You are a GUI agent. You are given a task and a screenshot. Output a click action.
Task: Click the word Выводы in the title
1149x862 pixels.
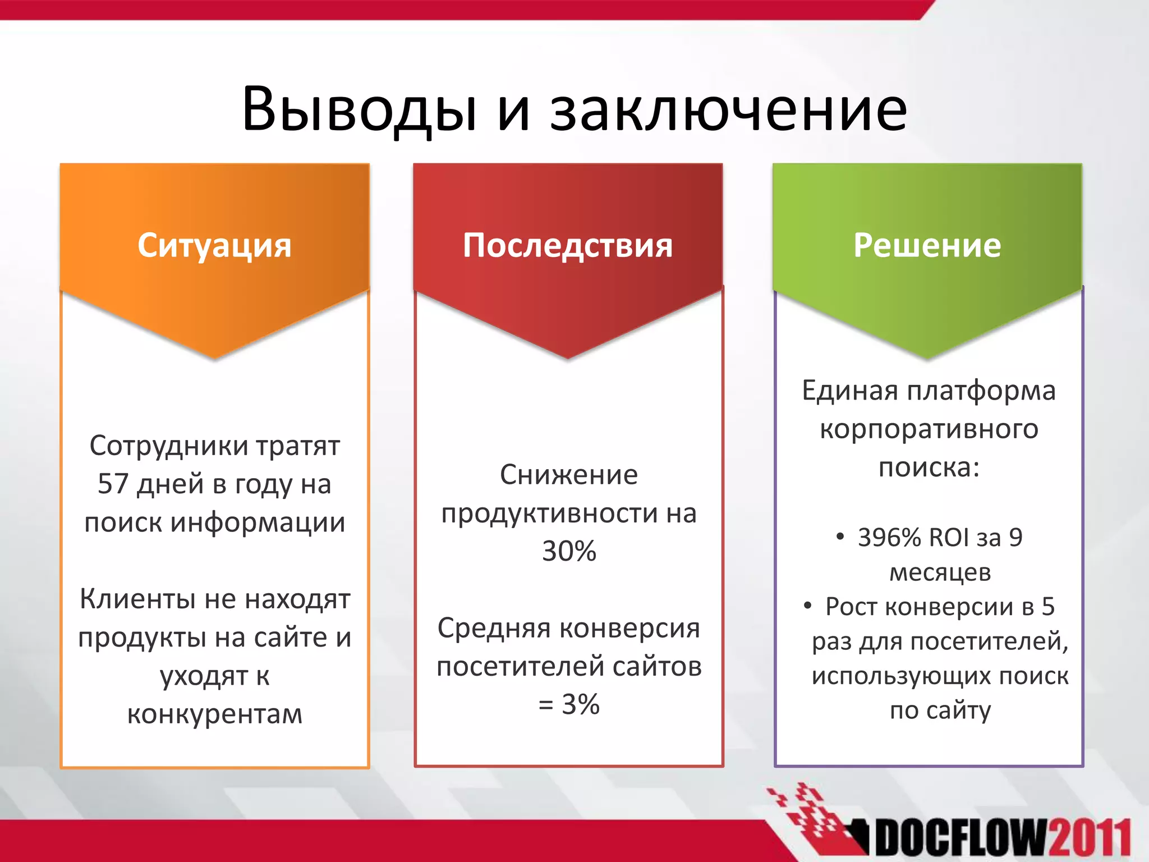click(x=359, y=109)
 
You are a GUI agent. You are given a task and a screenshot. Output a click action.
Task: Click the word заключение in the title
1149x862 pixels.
click(x=728, y=109)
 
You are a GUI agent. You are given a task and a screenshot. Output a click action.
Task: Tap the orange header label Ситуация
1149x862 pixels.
click(x=214, y=245)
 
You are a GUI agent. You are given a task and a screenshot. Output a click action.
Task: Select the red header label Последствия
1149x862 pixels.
click(x=568, y=245)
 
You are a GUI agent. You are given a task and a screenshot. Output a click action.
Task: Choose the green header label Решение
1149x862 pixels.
click(x=927, y=245)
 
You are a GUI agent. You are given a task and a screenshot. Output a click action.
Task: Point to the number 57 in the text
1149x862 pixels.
click(x=113, y=484)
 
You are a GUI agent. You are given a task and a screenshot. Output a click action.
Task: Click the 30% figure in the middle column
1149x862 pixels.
click(x=568, y=551)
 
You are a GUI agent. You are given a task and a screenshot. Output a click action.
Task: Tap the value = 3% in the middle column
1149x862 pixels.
click(x=568, y=704)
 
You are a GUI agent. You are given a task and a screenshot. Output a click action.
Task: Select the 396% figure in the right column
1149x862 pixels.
click(x=889, y=538)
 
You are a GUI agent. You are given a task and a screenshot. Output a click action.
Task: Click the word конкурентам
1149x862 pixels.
click(x=214, y=714)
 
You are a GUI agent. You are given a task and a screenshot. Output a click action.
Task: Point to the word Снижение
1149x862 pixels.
click(x=568, y=475)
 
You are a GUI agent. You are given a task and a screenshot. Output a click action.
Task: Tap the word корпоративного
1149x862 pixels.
click(x=929, y=429)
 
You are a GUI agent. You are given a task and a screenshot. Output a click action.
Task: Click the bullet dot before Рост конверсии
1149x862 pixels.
click(x=807, y=606)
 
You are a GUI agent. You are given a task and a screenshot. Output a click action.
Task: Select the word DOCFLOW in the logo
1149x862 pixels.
click(x=960, y=840)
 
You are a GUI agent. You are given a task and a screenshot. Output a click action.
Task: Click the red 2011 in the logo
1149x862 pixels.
click(x=1090, y=840)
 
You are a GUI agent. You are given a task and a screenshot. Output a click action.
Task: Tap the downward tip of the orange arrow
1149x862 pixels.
click(x=214, y=357)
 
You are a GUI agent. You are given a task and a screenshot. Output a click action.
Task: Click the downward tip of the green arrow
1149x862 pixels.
click(x=927, y=357)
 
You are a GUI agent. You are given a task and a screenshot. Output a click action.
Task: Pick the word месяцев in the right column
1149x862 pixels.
click(x=940, y=572)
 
